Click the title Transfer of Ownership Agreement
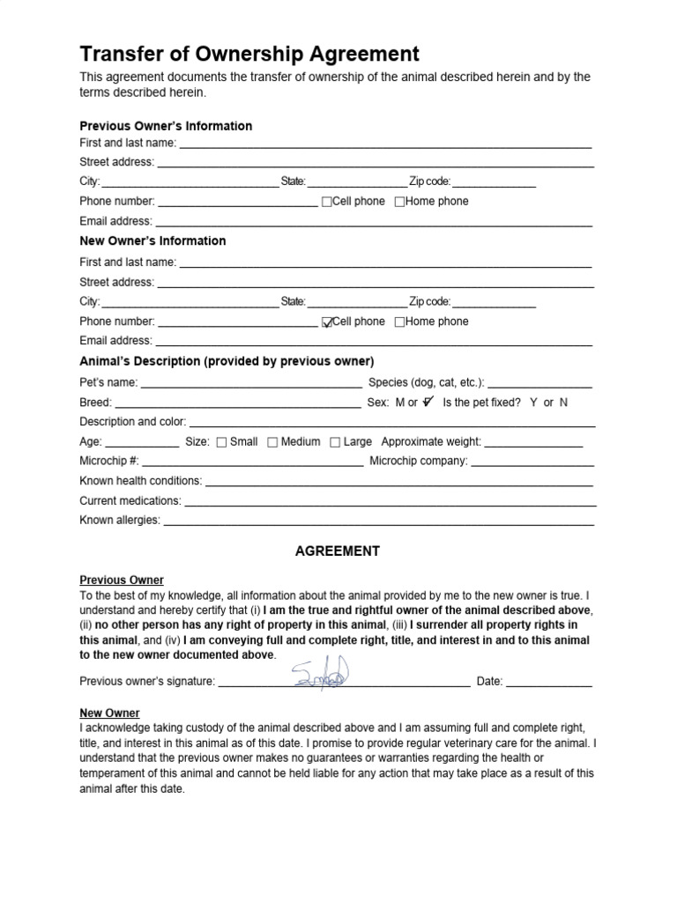tap(249, 54)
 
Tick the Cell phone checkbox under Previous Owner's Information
tap(327, 202)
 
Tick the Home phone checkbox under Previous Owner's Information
tap(399, 202)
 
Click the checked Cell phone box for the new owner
tap(328, 322)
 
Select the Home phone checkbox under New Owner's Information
tap(399, 322)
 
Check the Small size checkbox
tap(221, 442)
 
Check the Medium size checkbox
tap(272, 442)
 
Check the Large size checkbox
tap(335, 442)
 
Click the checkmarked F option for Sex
tap(428, 402)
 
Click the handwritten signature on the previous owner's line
tap(323, 674)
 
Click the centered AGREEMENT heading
tap(337, 551)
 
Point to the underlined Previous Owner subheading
tap(122, 580)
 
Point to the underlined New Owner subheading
tap(109, 713)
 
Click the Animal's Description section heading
tap(227, 362)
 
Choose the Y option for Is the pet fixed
tap(533, 403)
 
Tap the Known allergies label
tap(120, 521)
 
